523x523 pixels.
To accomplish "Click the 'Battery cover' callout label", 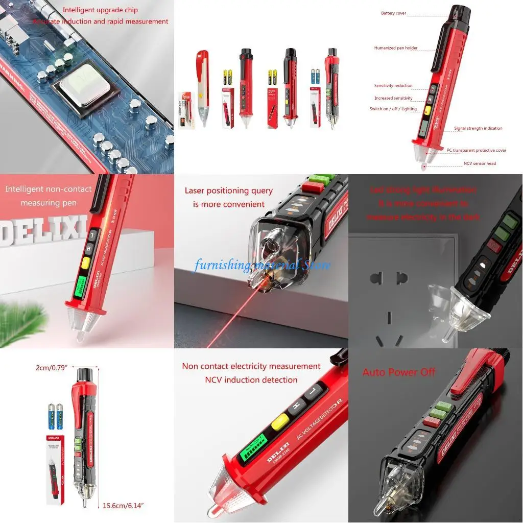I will click(393, 13).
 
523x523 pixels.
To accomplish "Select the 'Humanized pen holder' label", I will click(396, 48).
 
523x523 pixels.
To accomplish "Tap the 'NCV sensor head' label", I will click(480, 163).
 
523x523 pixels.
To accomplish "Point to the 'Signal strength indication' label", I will click(478, 128).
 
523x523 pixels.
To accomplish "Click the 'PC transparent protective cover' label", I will click(477, 150).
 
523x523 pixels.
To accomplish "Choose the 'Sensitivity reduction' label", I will click(393, 86).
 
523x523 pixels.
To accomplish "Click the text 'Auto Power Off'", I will click(399, 372).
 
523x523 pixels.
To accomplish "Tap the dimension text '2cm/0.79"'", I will click(52, 367).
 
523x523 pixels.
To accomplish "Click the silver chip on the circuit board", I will click(85, 86).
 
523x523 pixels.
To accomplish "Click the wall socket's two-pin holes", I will click(389, 278).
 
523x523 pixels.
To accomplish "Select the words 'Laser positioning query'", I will click(228, 191).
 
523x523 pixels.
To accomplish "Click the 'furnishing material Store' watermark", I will click(261, 265).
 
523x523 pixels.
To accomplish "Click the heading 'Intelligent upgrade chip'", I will click(100, 10).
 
